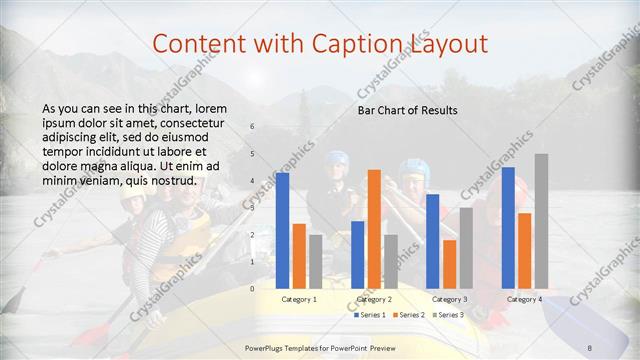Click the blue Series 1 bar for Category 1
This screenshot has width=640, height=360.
283,230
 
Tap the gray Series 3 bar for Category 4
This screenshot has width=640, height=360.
541,221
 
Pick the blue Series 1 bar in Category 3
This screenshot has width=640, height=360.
433,241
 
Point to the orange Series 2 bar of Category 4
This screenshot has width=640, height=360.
524,251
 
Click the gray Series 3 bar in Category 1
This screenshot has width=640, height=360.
316,262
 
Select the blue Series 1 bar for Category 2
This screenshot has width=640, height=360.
358,255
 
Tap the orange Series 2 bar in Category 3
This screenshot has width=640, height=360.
449,264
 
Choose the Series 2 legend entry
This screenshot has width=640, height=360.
409,315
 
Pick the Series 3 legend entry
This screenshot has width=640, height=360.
449,315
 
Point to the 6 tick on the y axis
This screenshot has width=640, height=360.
252,126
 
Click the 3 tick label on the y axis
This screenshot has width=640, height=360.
252,207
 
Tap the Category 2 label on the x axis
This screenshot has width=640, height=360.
374,299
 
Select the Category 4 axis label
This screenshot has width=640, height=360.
524,299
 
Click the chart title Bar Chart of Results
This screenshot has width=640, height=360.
408,110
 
